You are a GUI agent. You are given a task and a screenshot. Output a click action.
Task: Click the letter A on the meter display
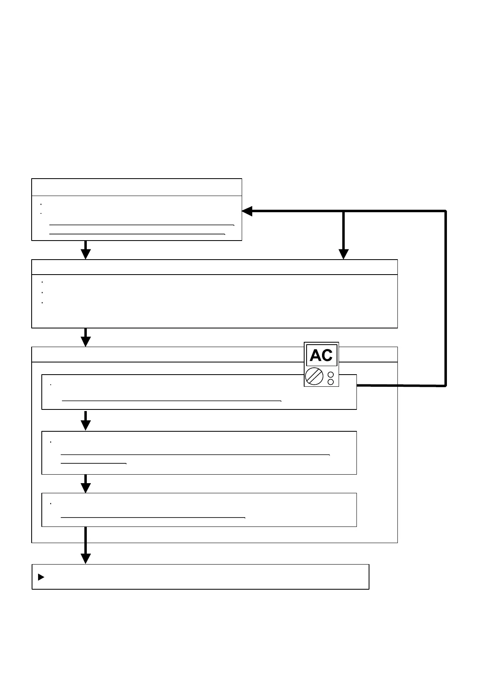316,356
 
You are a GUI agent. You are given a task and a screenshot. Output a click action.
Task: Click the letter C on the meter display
327,356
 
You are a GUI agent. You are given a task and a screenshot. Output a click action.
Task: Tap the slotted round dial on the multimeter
314,376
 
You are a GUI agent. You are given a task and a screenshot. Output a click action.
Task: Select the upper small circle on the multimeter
331,375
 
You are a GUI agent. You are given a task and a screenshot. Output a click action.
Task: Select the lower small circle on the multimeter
331,382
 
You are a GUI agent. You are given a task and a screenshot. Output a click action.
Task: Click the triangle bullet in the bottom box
41,577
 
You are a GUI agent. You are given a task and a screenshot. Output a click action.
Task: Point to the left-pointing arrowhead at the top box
247,211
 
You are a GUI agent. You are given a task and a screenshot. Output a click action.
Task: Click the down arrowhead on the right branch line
343,254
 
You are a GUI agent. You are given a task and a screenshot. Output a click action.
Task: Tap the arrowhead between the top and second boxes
86,254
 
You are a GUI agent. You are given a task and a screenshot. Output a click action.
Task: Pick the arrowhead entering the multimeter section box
86,341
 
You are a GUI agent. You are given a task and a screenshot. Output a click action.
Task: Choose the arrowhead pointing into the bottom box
86,558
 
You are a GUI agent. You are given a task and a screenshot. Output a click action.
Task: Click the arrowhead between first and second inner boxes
86,425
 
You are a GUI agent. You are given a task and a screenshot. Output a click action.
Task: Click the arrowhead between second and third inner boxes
86,488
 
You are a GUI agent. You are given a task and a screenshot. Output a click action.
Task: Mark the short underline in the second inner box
94,463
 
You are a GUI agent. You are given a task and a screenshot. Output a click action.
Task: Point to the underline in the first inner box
172,401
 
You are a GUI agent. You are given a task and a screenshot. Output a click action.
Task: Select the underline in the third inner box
153,518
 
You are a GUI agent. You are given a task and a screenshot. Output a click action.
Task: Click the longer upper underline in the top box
142,224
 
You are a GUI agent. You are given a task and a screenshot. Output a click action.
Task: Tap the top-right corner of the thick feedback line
446,211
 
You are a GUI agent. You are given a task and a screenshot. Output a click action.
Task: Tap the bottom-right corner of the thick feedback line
446,386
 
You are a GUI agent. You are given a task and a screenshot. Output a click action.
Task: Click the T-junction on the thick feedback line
343,211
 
